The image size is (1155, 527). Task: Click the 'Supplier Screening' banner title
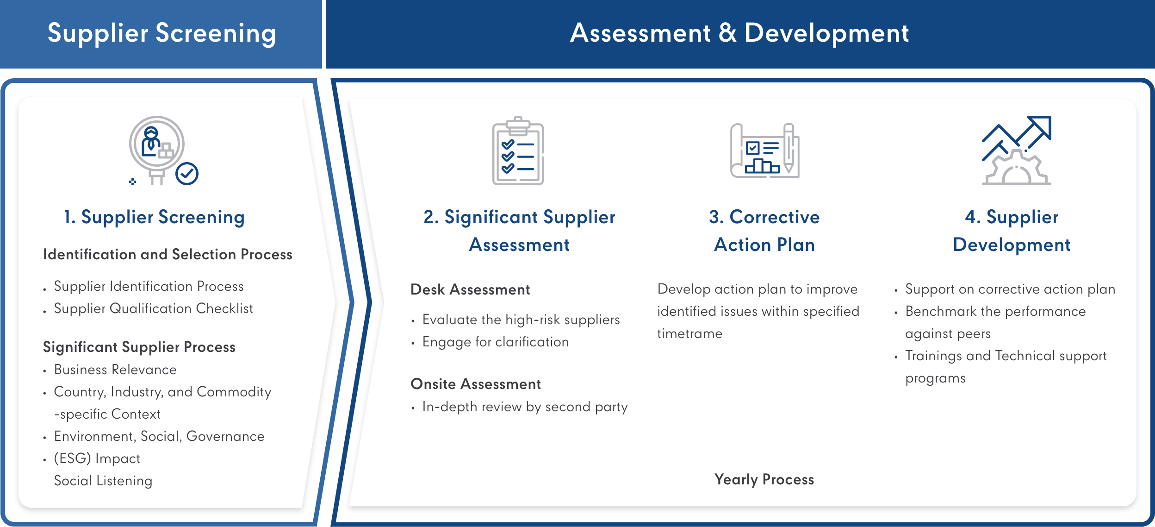[162, 33]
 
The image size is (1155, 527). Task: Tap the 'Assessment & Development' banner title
[739, 33]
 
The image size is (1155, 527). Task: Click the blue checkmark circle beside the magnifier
[187, 174]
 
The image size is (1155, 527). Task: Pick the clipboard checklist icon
[518, 151]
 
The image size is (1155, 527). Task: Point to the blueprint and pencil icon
[764, 151]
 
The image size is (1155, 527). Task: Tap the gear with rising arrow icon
[1016, 151]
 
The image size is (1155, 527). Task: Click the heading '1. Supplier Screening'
[154, 217]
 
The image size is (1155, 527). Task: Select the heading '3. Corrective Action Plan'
[764, 231]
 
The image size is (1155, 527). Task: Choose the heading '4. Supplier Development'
[1012, 231]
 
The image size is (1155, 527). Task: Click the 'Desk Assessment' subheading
[470, 289]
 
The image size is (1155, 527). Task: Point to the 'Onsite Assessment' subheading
[476, 384]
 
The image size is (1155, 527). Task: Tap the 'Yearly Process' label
[764, 480]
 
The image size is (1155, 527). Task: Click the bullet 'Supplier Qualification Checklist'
[154, 309]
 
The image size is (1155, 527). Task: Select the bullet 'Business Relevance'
[115, 370]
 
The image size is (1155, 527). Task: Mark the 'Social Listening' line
[103, 481]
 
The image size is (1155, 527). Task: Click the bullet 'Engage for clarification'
[496, 342]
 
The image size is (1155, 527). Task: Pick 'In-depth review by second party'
[525, 407]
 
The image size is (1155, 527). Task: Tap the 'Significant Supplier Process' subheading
[139, 347]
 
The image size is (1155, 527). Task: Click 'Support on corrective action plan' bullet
[1010, 289]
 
